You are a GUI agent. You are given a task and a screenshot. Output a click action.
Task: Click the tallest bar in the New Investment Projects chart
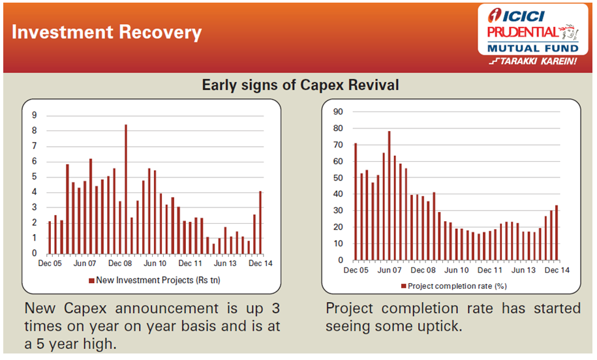(126, 189)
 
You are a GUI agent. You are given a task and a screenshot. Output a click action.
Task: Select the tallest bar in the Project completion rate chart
(389, 196)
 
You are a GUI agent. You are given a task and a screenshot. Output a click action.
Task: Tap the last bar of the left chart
(260, 222)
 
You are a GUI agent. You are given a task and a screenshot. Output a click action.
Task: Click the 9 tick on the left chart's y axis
(35, 115)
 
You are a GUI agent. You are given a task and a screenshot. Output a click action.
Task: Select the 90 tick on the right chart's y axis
(338, 112)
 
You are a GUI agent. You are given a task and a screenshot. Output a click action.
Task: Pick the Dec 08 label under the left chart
(120, 263)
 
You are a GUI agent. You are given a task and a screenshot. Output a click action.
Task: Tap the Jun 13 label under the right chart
(523, 270)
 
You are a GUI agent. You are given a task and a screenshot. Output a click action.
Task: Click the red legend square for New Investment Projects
(91, 281)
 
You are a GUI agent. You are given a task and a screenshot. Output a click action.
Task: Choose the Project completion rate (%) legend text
(457, 286)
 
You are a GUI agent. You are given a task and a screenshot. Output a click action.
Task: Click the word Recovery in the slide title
(161, 33)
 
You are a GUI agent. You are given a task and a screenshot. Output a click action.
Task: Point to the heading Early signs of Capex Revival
(300, 85)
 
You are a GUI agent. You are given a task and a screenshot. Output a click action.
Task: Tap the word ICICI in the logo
(523, 16)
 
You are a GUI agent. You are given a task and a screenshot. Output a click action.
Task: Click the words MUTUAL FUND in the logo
(532, 48)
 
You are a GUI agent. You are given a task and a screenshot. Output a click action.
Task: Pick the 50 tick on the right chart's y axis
(338, 177)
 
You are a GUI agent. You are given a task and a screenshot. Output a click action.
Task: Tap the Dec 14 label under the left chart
(260, 263)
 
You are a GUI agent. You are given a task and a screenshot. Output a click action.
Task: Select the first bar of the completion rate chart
(356, 202)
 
